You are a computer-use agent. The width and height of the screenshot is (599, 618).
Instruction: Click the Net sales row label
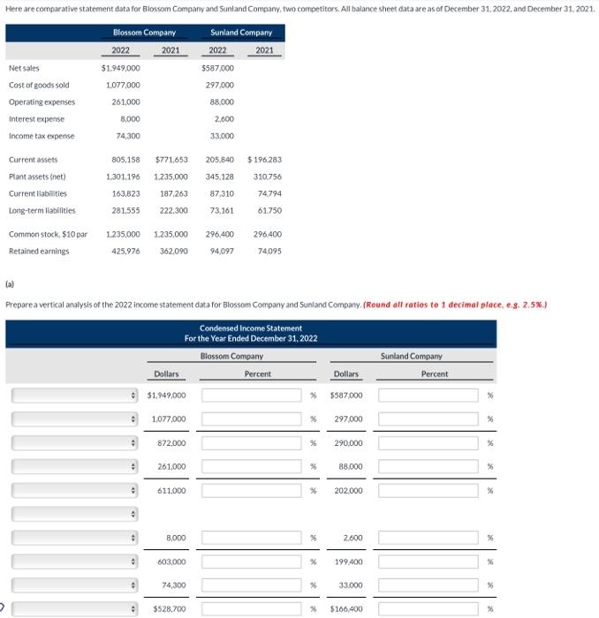[x=24, y=68]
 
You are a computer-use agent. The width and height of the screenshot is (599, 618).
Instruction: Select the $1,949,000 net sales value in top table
[x=120, y=68]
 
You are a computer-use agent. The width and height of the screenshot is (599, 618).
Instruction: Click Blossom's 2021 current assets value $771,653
[x=171, y=160]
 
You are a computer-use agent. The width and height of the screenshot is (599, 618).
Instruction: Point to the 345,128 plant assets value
[x=220, y=177]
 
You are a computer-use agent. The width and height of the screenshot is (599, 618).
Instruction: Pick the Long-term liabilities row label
[x=42, y=210]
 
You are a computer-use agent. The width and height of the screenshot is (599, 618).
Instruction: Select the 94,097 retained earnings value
[x=220, y=252]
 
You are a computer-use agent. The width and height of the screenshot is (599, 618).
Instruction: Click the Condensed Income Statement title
[x=250, y=329]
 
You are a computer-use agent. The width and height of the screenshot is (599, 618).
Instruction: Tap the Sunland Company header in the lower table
[x=412, y=357]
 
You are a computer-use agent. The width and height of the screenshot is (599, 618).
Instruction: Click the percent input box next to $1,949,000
[x=251, y=395]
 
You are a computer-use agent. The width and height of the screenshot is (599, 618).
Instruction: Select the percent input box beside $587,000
[x=434, y=395]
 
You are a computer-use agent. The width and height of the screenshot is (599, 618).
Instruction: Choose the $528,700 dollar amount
[x=169, y=609]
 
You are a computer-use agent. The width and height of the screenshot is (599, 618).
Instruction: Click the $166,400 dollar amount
[x=345, y=609]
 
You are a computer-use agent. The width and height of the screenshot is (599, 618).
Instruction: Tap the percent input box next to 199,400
[x=434, y=561]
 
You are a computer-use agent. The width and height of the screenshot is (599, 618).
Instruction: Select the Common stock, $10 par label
[x=48, y=235]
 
